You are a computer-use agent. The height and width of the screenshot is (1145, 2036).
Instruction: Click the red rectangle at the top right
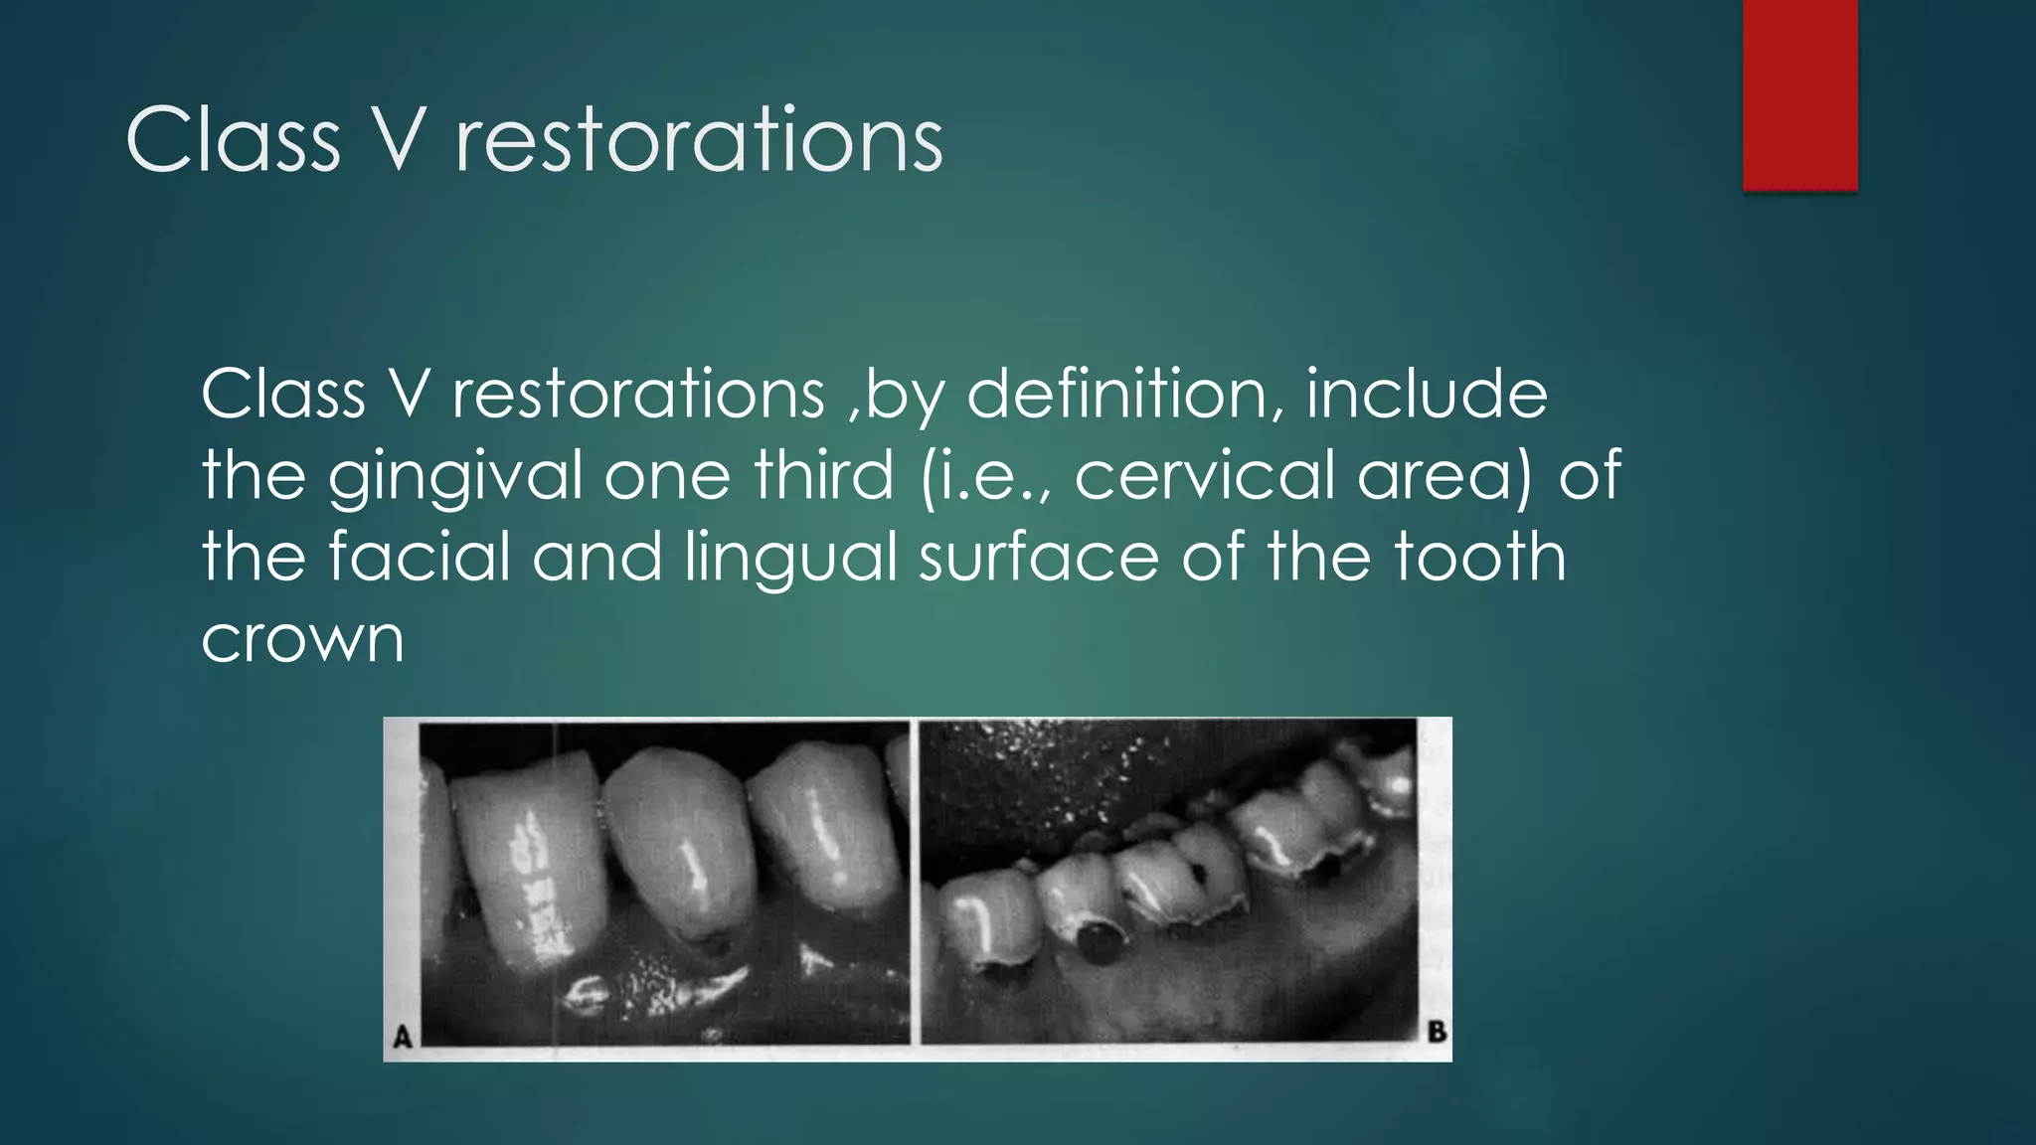pyautogui.click(x=1799, y=94)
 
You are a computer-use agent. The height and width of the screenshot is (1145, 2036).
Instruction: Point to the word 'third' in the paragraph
pyautogui.click(x=824, y=475)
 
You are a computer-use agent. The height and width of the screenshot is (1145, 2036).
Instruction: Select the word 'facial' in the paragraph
pyautogui.click(x=419, y=557)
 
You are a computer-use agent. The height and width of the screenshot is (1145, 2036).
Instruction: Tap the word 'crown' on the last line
pyautogui.click(x=302, y=640)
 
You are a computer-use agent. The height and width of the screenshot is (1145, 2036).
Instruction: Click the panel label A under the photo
pyautogui.click(x=403, y=1037)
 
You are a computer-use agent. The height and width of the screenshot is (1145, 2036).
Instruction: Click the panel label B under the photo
pyautogui.click(x=1437, y=1032)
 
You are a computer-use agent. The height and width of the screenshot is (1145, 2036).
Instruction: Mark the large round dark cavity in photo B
pyautogui.click(x=1099, y=939)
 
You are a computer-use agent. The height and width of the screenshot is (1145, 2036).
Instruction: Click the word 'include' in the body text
pyautogui.click(x=1427, y=395)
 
